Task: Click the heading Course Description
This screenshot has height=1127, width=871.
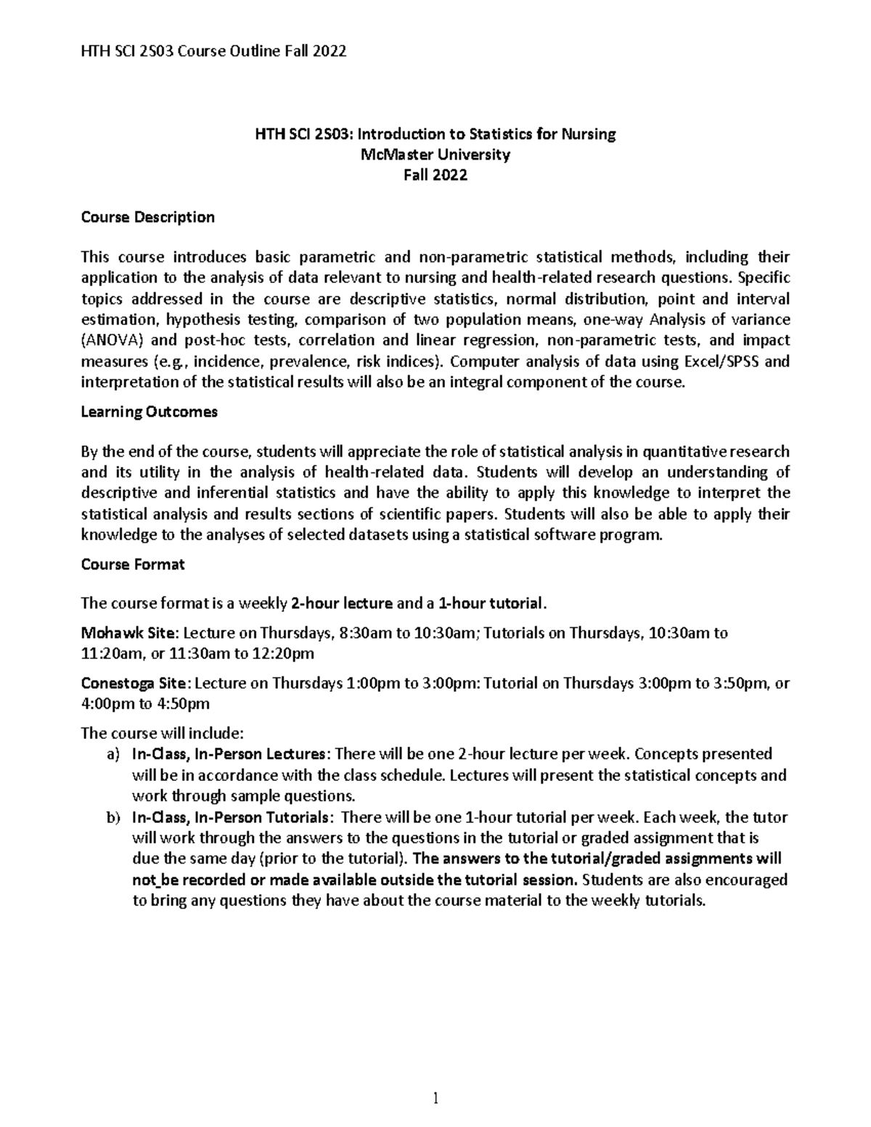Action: point(147,218)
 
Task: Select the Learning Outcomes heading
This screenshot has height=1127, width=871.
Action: point(149,412)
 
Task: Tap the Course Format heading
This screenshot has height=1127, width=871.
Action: point(133,565)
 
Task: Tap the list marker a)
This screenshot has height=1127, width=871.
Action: point(112,754)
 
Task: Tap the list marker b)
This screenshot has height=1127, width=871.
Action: point(112,818)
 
